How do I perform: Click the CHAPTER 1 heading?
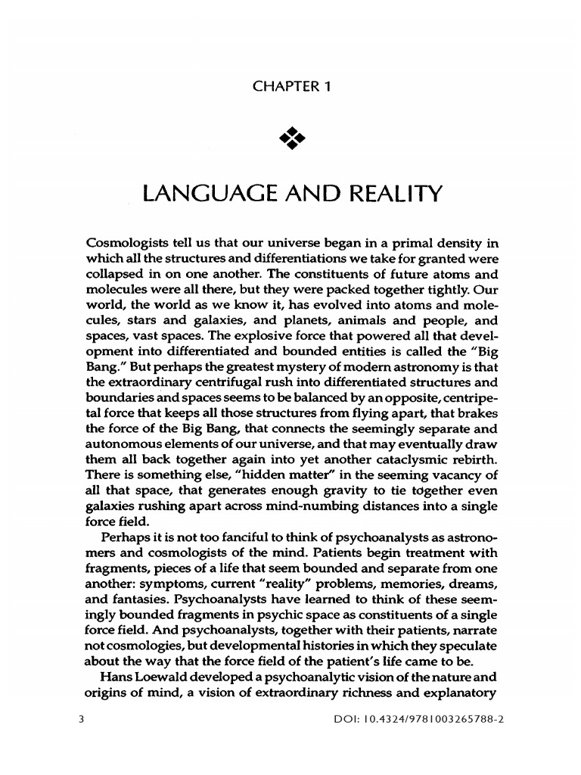[290, 87]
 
